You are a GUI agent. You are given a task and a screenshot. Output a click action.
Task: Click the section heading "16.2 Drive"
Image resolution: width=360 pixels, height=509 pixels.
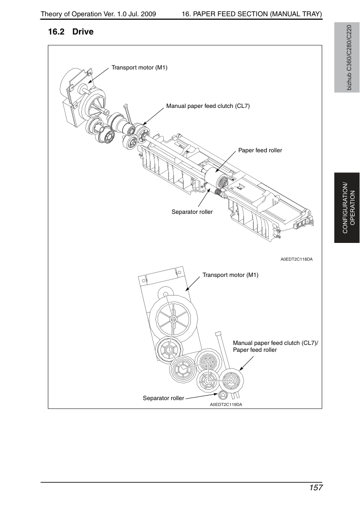71,32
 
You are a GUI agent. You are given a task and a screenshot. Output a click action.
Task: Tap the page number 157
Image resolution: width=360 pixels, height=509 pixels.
316,488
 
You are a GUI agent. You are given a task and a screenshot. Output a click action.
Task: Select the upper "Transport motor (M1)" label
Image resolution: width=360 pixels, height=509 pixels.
140,68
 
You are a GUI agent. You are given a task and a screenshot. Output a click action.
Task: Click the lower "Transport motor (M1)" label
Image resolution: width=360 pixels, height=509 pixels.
230,275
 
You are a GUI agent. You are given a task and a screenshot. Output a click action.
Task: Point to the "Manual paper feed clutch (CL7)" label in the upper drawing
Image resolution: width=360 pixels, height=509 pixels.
208,106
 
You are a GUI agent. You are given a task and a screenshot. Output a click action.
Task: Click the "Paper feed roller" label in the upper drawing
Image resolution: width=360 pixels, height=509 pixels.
260,150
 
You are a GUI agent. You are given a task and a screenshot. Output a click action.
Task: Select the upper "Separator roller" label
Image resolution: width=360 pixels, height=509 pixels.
192,212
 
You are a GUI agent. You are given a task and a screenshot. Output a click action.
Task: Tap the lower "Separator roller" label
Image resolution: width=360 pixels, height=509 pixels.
163,398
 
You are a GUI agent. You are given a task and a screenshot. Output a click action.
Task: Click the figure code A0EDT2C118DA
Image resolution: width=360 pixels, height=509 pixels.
297,259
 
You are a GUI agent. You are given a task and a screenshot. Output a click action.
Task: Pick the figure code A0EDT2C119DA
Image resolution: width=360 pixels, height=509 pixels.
226,405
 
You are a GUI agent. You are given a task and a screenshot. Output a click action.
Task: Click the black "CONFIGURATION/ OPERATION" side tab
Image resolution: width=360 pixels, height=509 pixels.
347,208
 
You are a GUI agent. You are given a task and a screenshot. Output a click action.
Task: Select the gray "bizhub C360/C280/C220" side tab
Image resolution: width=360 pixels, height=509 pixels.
347,58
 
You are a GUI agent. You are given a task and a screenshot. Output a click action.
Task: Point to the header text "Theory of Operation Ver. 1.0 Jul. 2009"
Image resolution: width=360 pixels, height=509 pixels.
98,14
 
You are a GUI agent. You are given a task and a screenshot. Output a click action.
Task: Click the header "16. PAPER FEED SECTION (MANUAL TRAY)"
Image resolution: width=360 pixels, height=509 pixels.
252,14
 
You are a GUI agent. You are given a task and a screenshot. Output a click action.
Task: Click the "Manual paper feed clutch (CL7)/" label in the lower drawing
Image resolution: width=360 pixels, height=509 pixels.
276,343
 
